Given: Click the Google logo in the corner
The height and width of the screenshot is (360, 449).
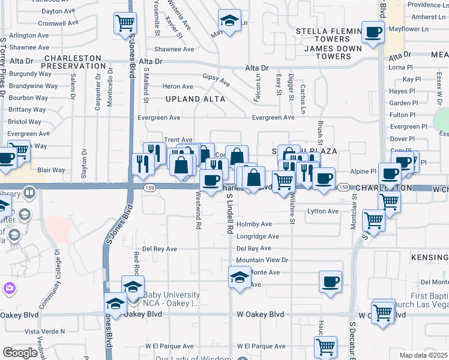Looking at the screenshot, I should pos(19,353).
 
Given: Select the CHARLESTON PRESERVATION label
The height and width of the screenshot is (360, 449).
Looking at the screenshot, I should pos(74,62).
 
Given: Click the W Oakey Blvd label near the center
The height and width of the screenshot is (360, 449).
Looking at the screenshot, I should pos(260,314).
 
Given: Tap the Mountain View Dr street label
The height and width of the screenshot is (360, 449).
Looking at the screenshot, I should pos(262,260).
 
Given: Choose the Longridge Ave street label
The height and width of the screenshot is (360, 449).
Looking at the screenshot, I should pos(258,236).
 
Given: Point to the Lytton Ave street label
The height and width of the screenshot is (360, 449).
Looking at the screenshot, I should pos(323,211).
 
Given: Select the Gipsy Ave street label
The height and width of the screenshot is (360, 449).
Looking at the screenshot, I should pos(216,79).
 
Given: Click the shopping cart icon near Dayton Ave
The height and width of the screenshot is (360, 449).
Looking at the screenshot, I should pos(125,23).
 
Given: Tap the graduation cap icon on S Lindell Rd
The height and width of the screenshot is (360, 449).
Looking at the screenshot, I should pos(240,278).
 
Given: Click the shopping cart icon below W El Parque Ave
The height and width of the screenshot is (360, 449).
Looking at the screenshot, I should pos(325,346).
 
